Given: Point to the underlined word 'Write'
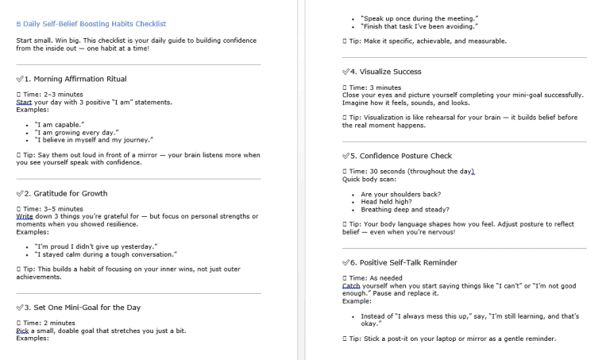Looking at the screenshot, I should pos(25,216).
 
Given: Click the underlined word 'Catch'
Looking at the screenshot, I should pos(351,285).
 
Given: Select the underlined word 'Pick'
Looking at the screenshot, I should pos(23,331).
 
